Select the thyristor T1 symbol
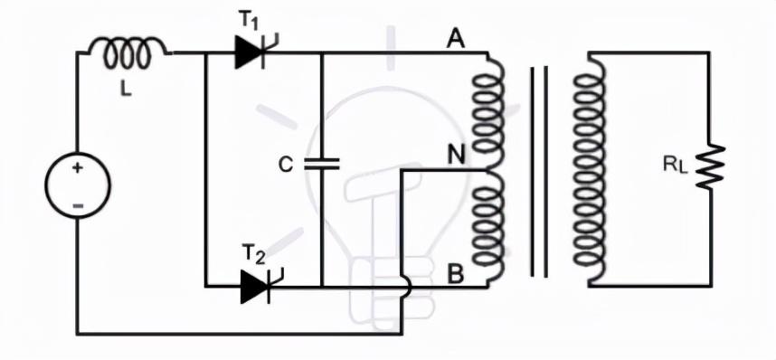coord(256,52)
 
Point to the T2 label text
coord(254,254)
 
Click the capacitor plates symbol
coord(322,164)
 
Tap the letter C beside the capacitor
coord(286,165)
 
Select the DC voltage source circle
coord(78,185)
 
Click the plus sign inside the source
coord(77,168)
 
